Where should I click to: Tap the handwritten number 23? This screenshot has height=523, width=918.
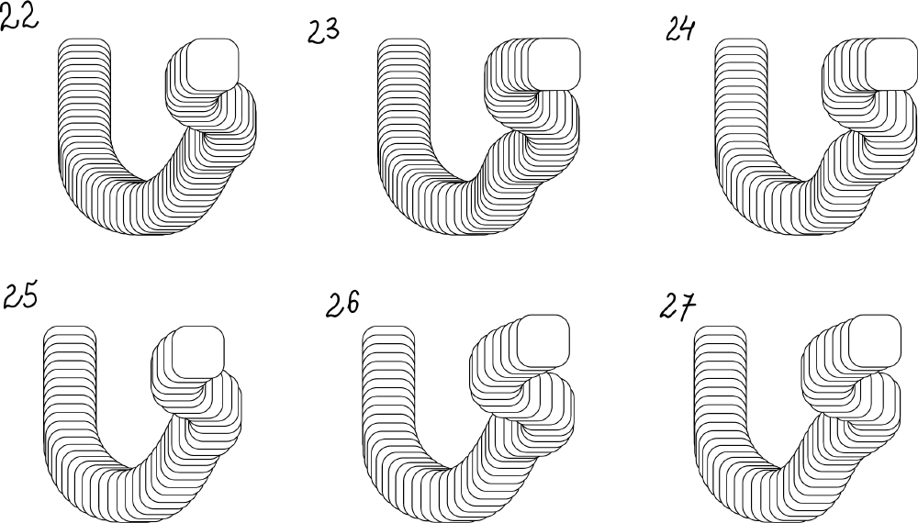[323, 31]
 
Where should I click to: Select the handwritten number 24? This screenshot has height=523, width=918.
[680, 29]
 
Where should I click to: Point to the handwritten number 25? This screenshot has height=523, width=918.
[20, 295]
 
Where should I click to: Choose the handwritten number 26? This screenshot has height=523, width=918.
[342, 305]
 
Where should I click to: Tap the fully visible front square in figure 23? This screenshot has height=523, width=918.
[554, 64]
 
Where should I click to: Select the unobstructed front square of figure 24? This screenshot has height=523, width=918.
[892, 64]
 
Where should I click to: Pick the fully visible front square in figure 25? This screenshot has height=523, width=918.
[198, 352]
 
